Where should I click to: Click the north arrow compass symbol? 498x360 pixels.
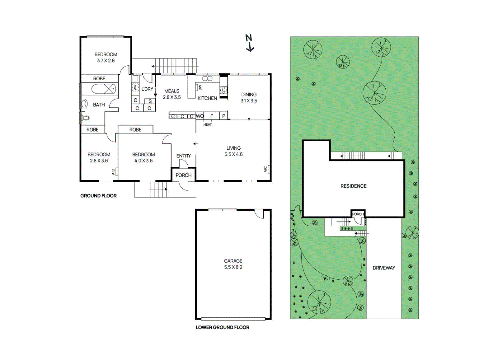tap(249, 43)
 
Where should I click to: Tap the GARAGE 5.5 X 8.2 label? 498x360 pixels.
tap(233, 264)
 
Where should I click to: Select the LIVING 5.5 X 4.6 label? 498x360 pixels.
tap(233, 151)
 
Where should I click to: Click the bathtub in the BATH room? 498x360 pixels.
tap(104, 89)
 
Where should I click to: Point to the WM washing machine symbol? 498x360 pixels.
tap(135, 87)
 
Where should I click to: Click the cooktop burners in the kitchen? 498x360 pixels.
tap(223, 90)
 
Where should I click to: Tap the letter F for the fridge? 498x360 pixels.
tap(212, 116)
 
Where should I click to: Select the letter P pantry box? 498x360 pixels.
tap(223, 116)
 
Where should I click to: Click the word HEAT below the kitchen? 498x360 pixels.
tap(208, 124)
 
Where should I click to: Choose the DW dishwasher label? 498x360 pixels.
tap(200, 87)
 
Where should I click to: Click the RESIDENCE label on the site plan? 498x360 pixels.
tap(353, 186)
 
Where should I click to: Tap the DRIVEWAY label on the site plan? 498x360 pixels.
tap(384, 268)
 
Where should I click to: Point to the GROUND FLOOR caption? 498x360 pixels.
tap(98, 196)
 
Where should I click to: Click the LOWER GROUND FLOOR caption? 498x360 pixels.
tap(222, 327)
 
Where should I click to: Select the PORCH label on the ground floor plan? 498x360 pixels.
tap(183, 175)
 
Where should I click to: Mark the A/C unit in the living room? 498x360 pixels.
tap(267, 169)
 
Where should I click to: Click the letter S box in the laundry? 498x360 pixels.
tap(150, 101)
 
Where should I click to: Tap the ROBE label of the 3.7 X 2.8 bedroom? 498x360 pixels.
tap(99, 78)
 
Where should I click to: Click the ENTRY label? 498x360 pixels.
tap(183, 156)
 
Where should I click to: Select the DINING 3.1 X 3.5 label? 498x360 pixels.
tap(249, 97)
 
